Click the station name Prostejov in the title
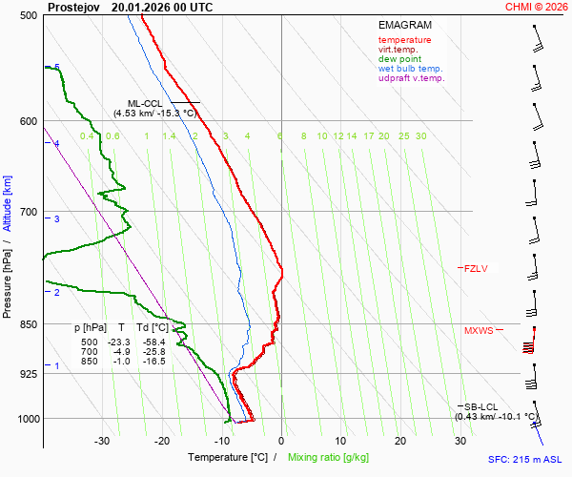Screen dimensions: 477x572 click(73, 6)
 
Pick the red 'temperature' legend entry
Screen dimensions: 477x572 click(404, 40)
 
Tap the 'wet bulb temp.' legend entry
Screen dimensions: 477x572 click(410, 69)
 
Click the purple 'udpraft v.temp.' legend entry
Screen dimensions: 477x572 click(411, 78)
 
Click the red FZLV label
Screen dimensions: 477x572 click(476, 268)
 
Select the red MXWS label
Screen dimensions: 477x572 click(479, 331)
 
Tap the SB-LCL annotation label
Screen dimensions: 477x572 click(481, 407)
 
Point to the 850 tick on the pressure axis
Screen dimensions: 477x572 click(29, 324)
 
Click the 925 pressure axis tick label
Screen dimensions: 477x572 click(29, 374)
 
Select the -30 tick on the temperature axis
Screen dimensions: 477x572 click(102, 441)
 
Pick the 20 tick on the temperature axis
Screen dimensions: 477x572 click(400, 441)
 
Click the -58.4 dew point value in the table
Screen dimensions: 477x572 click(153, 342)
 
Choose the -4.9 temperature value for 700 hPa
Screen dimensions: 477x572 click(121, 352)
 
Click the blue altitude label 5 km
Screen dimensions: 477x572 click(57, 68)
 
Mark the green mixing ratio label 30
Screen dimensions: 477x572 click(420, 136)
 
